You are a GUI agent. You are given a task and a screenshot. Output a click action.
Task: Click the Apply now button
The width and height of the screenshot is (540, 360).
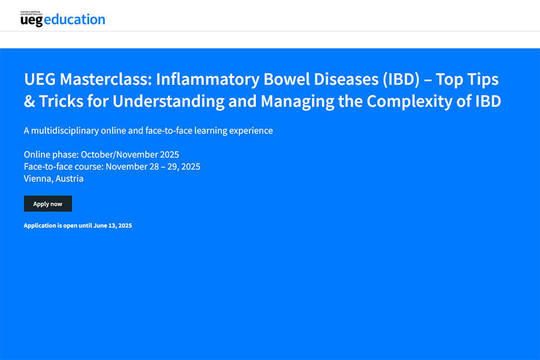[48, 203]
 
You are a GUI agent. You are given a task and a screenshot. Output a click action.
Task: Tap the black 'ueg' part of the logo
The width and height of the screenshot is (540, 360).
[31, 21]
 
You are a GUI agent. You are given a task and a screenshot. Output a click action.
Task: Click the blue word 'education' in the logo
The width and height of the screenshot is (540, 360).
[75, 19]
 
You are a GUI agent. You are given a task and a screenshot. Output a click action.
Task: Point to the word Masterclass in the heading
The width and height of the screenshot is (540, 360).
[106, 79]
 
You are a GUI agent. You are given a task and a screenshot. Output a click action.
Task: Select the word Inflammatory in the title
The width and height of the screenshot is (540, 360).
[208, 80]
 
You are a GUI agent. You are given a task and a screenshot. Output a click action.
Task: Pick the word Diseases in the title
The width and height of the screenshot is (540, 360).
[346, 79]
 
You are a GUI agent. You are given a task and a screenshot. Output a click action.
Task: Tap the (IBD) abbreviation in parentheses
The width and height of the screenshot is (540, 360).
[401, 80]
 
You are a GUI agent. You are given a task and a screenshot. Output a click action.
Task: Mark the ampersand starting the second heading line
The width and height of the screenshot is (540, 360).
[30, 101]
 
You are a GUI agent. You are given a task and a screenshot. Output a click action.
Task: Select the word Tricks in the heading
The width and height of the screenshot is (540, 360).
[61, 101]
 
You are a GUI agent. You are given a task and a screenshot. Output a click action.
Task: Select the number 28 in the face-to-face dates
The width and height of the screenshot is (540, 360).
[153, 167]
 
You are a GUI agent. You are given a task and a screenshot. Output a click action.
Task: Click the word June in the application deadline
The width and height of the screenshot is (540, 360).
[100, 226]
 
